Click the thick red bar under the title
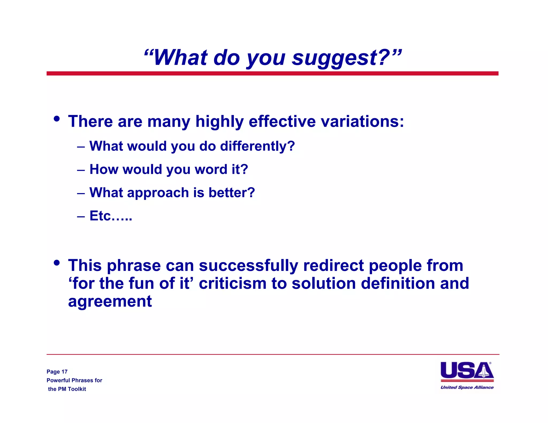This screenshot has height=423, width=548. [272, 73]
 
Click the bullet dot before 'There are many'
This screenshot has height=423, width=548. [56, 118]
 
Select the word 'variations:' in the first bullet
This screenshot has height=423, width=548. [362, 121]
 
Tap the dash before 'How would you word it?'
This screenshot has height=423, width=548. [81, 170]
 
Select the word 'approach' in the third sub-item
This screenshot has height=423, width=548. [158, 193]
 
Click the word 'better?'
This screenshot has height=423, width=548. [231, 193]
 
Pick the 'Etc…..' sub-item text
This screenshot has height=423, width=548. [111, 216]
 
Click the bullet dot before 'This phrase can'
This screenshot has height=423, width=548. [56, 263]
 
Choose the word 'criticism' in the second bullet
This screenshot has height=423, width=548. [232, 283]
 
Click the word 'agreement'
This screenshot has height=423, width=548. [110, 301]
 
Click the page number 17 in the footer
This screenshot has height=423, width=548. [64, 372]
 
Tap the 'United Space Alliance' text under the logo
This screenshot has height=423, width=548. [467, 387]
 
